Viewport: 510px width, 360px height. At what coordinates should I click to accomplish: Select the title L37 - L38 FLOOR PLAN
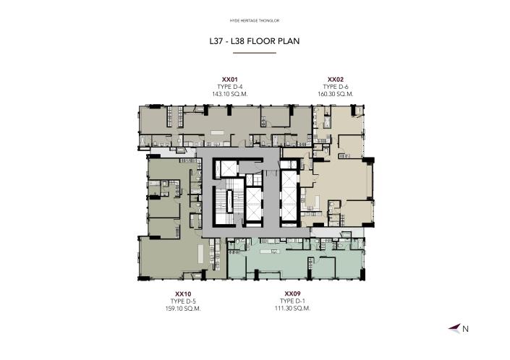[x=254, y=41]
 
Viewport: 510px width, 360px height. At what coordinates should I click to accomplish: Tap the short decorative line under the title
[x=254, y=53]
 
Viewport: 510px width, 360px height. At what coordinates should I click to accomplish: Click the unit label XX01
[x=229, y=80]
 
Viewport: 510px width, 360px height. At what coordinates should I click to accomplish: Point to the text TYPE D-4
[x=229, y=87]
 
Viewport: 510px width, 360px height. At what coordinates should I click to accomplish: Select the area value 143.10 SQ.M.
[x=229, y=94]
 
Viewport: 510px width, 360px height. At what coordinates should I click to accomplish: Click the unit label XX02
[x=335, y=80]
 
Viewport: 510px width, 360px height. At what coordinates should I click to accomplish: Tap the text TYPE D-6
[x=335, y=87]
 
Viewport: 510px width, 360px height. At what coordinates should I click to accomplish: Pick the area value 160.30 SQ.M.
[x=335, y=94]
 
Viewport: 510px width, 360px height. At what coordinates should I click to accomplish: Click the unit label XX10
[x=182, y=293]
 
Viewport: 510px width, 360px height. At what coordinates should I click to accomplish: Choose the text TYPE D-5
[x=182, y=301]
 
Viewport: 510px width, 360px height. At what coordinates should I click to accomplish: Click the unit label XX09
[x=292, y=293]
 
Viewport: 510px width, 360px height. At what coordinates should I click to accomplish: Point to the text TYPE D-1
[x=292, y=301]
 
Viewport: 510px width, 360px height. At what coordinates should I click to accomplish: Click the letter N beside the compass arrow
[x=466, y=329]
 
